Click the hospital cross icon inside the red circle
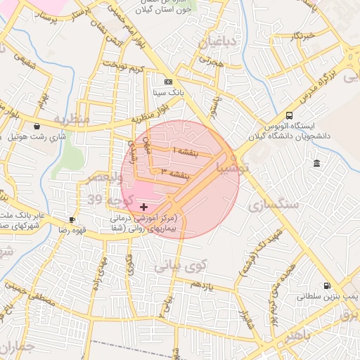(x=144, y=207)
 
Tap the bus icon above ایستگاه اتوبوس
(x=290, y=116)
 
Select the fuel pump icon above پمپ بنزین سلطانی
(x=327, y=285)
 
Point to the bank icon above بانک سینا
(x=167, y=82)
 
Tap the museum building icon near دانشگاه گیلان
(x=316, y=164)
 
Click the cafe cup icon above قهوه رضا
(x=72, y=219)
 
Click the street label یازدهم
(x=200, y=283)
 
